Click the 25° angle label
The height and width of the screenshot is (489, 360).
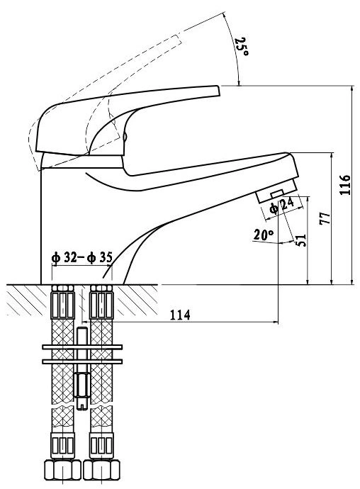pyautogui.click(x=242, y=47)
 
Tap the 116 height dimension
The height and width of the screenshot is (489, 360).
pyautogui.click(x=345, y=185)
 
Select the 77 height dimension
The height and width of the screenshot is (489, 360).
pyautogui.click(x=325, y=218)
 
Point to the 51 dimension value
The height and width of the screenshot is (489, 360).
pyautogui.click(x=301, y=240)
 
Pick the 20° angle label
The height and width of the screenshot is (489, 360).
pyautogui.click(x=264, y=235)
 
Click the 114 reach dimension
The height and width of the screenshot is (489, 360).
pyautogui.click(x=180, y=315)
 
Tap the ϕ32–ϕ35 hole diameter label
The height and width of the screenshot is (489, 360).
pyautogui.click(x=81, y=257)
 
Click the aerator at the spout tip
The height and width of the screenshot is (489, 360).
pyautogui.click(x=276, y=191)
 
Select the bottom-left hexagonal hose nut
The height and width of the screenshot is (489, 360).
pyautogui.click(x=62, y=470)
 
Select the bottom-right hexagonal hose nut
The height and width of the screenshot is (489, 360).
pyautogui.click(x=101, y=470)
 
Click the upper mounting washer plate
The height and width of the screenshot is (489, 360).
pyautogui.click(x=82, y=347)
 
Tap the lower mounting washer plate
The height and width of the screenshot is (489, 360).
pyautogui.click(x=82, y=361)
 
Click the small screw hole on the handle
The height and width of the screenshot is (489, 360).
pyautogui.click(x=125, y=137)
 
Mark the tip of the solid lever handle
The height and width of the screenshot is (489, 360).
pyautogui.click(x=220, y=91)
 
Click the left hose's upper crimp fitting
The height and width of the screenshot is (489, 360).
pyautogui.click(x=62, y=302)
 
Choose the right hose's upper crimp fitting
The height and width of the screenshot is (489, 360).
pyautogui.click(x=101, y=302)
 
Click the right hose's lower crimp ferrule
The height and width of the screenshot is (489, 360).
pyautogui.click(x=101, y=445)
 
